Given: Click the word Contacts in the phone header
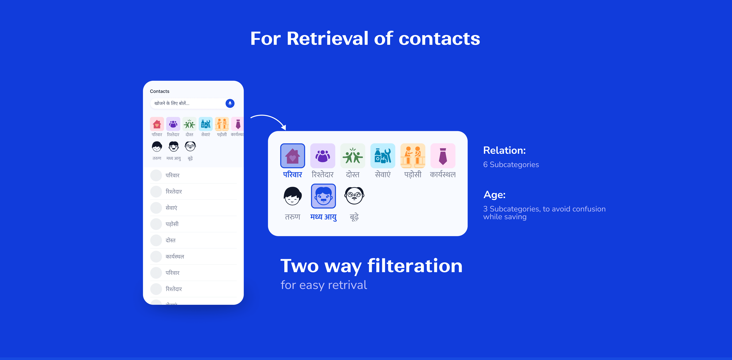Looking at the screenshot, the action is pos(159,91).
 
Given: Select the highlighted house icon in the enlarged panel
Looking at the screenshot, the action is pos(292,156).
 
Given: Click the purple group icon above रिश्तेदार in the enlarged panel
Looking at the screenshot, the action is pos(323,156).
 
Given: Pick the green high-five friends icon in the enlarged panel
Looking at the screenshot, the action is pos(353,156).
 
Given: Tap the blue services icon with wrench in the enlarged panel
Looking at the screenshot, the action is pos(383,156).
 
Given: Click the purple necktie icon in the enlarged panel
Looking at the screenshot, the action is pos(443,156).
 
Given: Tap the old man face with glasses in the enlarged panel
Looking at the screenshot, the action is pos(354,196).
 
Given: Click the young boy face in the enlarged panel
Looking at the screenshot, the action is pos(292,196).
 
